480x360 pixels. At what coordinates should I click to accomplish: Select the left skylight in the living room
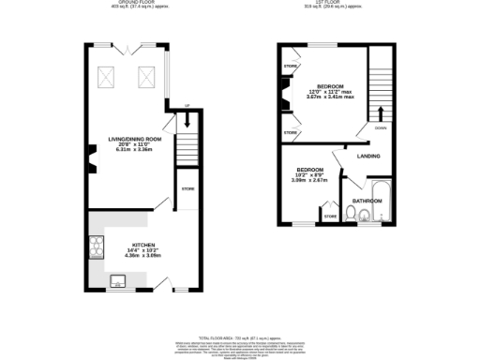[108, 77]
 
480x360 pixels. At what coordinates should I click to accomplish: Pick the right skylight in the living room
[146, 77]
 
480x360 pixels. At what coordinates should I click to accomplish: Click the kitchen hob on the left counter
[96, 247]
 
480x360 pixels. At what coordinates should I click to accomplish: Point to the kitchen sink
[118, 279]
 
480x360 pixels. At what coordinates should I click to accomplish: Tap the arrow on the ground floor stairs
[187, 120]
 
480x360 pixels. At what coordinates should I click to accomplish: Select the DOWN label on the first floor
[380, 127]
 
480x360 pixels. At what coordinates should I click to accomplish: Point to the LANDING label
[368, 156]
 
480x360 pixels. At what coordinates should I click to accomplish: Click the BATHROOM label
[366, 201]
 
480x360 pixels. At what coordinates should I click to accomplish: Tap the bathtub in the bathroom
[379, 195]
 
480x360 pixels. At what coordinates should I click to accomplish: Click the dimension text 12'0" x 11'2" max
[330, 91]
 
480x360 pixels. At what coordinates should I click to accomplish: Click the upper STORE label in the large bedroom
[290, 67]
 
